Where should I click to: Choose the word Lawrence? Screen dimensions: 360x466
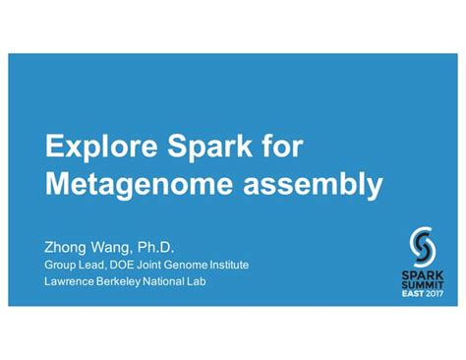coord(71,283)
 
